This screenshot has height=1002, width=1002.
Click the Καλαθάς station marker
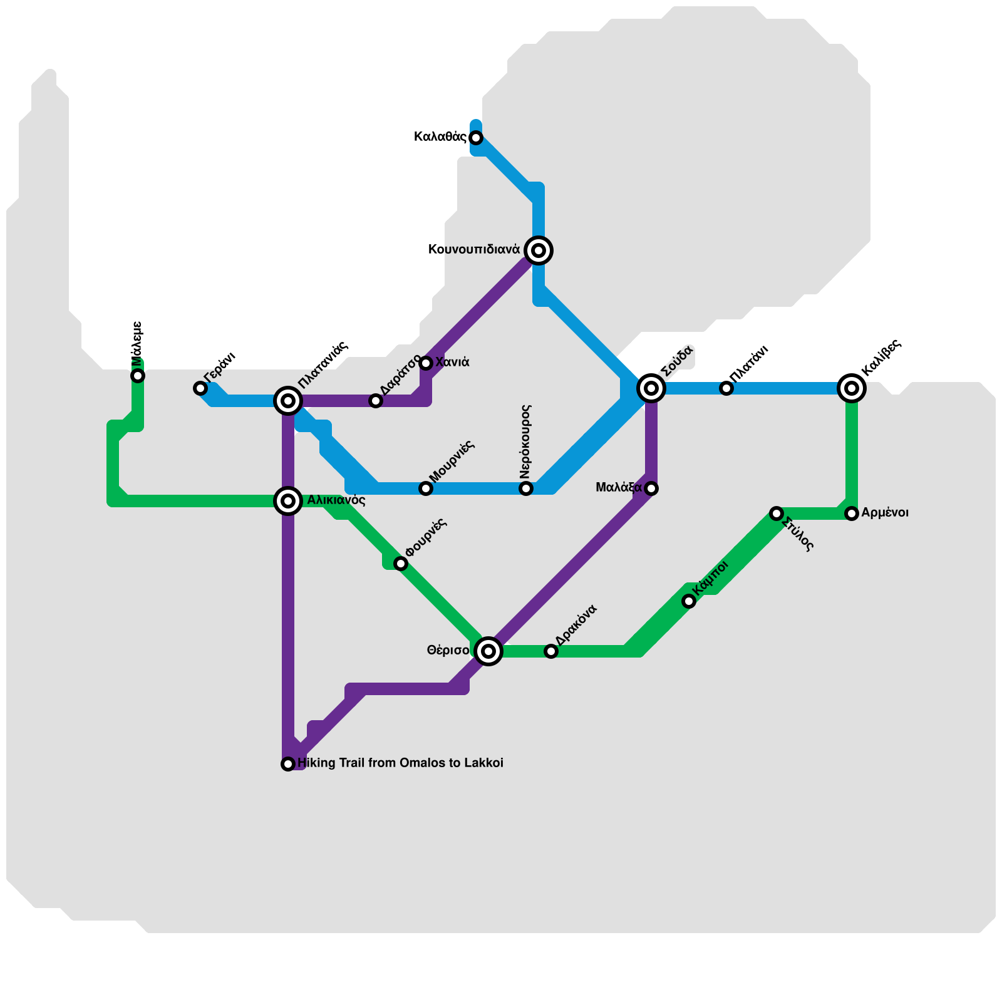coord(476,138)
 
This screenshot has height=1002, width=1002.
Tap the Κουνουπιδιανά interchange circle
coord(539,250)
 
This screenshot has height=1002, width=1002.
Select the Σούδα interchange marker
coord(651,388)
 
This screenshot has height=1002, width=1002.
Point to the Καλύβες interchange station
coord(852,388)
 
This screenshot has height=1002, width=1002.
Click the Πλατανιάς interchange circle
coord(288,401)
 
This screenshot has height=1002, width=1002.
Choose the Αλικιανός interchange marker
coord(288,501)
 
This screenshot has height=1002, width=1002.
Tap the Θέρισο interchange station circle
coord(488,651)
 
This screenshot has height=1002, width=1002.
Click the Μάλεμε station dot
coord(138,376)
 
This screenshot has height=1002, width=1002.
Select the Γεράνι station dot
coord(200,388)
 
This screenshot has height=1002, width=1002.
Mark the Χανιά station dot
coord(426,363)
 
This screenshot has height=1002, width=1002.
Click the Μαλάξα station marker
coord(651,488)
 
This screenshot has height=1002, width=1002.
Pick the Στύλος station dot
coord(777,514)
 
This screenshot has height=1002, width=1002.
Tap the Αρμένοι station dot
coord(852,514)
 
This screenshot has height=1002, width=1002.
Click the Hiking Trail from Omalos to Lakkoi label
coord(400,763)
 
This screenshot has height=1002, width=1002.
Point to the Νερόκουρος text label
coord(525,442)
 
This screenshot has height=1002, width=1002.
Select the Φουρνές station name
coord(426,537)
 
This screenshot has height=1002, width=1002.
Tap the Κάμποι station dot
coord(689,601)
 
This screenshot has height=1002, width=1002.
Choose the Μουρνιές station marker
coord(426,488)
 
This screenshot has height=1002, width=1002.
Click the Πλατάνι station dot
coord(726,388)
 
